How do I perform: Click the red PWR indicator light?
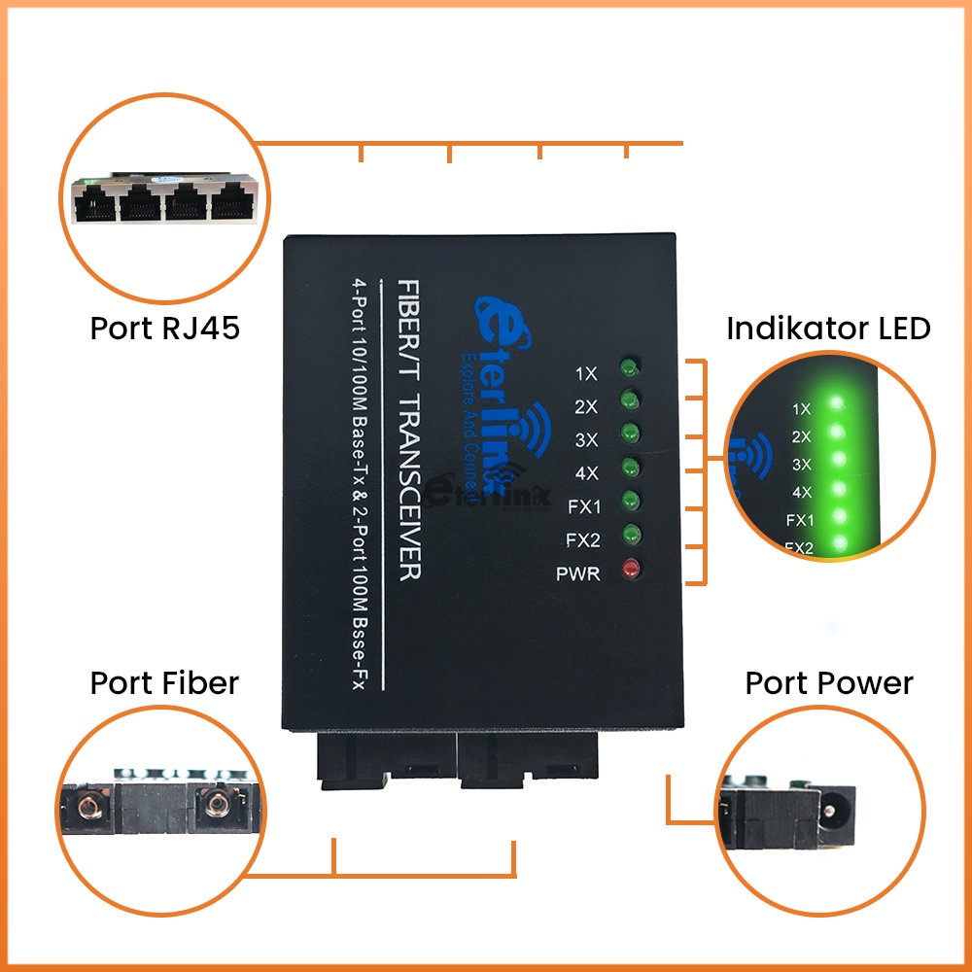631,569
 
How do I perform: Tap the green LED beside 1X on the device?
629,367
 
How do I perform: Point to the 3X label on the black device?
586,440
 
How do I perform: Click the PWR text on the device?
578,574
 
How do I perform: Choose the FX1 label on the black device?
584,507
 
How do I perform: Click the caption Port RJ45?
165,328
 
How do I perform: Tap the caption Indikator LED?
828,329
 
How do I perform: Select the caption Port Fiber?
164,683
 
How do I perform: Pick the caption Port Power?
829,683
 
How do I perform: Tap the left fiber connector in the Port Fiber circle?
88,808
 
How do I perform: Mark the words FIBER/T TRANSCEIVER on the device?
408,431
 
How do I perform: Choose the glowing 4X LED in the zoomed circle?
839,489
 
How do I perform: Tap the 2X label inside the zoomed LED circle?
801,437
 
